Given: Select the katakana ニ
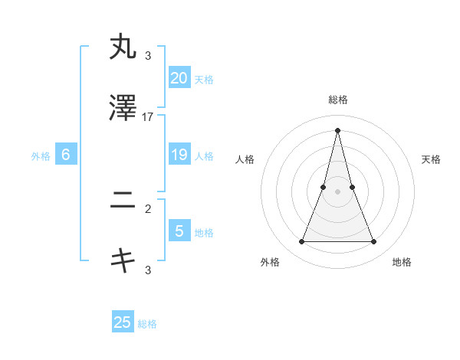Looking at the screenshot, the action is click(x=123, y=202).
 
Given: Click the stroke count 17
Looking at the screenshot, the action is click(x=148, y=116).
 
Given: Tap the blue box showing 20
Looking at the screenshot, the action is click(x=179, y=77).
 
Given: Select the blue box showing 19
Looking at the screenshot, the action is click(x=179, y=155).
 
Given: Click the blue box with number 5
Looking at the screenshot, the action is click(x=179, y=231).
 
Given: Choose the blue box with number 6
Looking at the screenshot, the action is click(x=66, y=155).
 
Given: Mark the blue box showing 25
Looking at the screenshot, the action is click(x=123, y=322).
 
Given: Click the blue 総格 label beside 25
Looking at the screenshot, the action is click(x=147, y=324).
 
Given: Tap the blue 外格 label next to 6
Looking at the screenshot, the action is click(x=41, y=156).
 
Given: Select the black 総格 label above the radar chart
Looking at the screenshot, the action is click(x=337, y=100).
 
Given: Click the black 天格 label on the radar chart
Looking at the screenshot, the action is click(x=431, y=159).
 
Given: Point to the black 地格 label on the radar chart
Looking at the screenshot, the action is click(x=402, y=262).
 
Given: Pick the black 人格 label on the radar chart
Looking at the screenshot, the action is click(x=245, y=159).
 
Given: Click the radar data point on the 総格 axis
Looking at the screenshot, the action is click(x=337, y=129).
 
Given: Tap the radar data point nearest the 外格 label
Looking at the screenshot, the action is click(x=301, y=242).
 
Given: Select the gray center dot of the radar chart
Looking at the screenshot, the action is click(x=337, y=191).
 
